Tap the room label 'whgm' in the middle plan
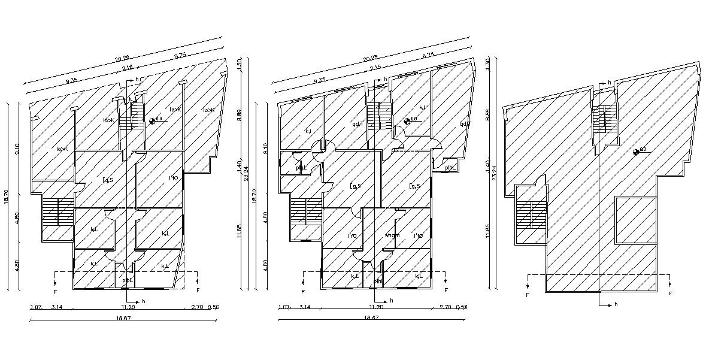coord(392,235)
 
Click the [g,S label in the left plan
coord(108,179)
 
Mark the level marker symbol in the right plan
coord(636,152)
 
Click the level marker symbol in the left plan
coord(152,121)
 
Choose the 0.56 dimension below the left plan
coord(213,307)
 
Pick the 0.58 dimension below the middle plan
coord(461,307)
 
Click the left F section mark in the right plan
coord(528,295)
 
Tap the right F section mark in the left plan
coord(198,291)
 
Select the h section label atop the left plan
coord(137,79)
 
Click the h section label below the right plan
coord(615,305)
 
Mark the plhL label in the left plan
coord(127,280)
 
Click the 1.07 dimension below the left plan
coord(35,307)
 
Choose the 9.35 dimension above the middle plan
coord(319,80)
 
